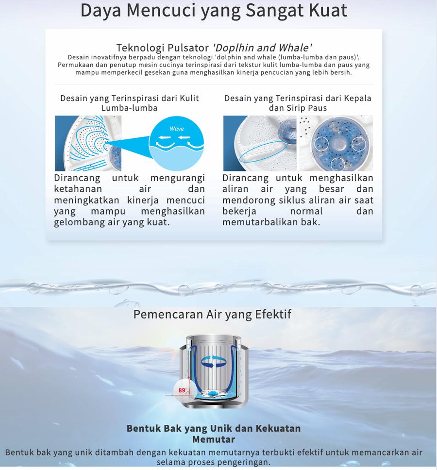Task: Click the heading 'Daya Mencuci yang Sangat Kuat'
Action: (214, 11)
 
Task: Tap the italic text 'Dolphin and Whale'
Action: (262, 48)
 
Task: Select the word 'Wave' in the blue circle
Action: (176, 129)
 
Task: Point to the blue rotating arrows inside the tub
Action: (214, 360)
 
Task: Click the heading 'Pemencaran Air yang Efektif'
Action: (212, 314)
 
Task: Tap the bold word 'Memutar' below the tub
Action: (214, 439)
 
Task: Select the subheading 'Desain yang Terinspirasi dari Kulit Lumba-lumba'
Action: (129, 103)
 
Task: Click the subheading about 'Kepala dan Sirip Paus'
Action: (298, 103)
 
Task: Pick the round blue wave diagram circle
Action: (176, 143)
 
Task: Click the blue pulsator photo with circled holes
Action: (336, 143)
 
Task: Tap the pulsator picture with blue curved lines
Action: (88, 143)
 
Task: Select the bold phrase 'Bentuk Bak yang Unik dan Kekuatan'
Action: (214, 429)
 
